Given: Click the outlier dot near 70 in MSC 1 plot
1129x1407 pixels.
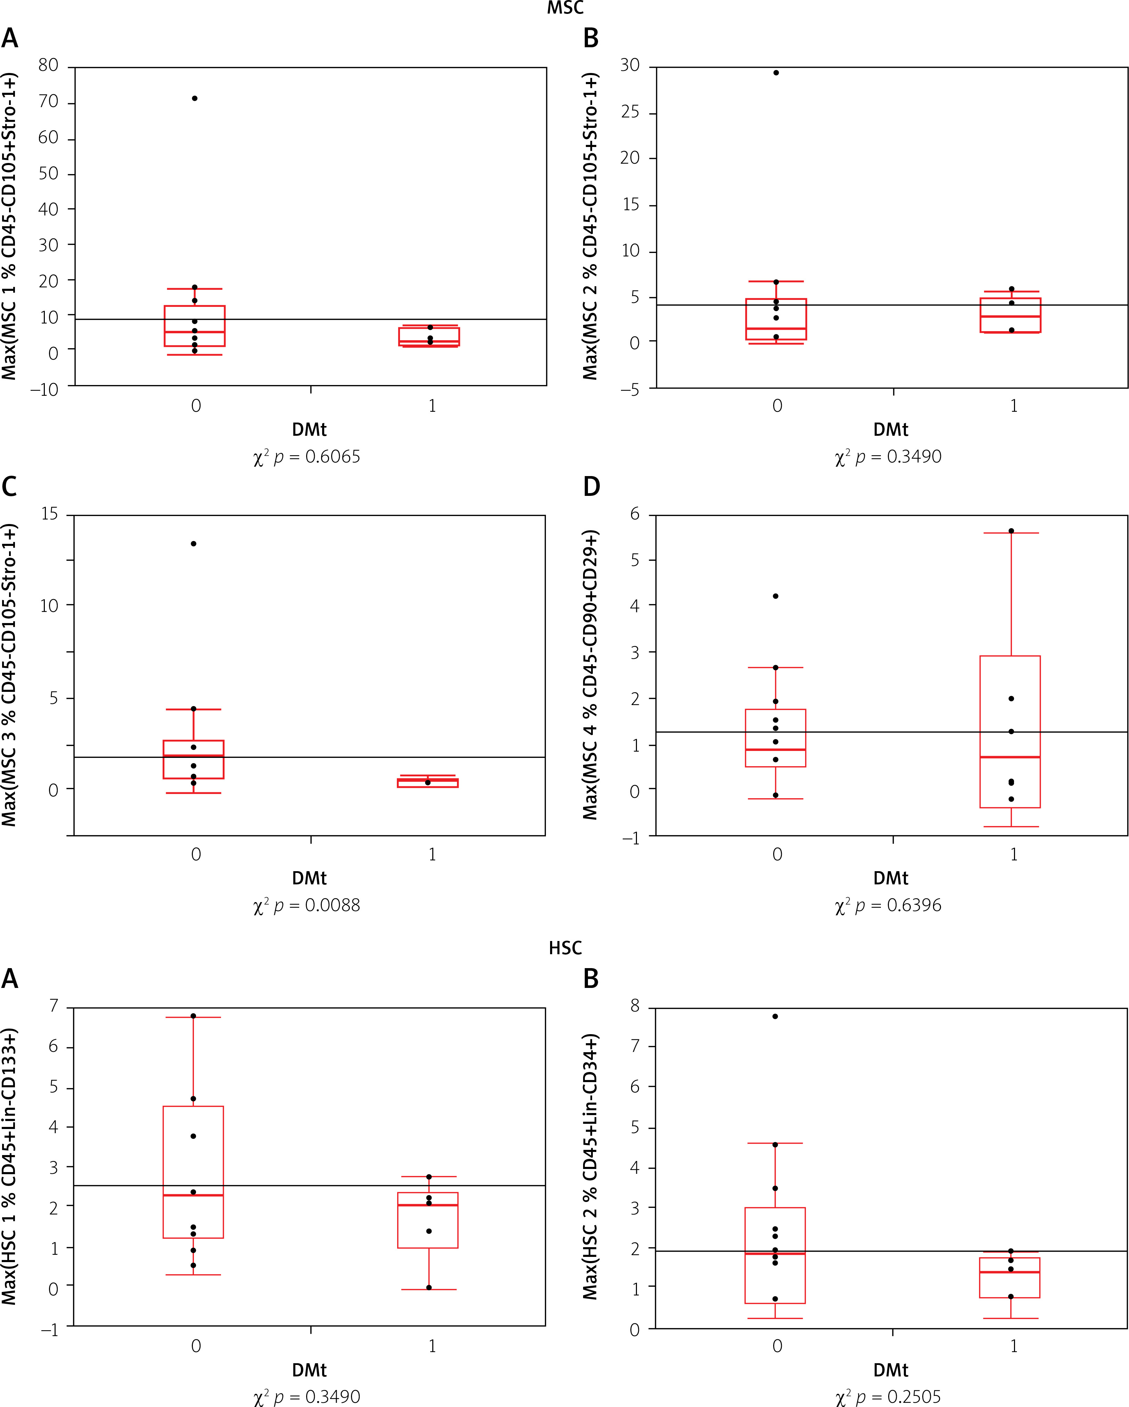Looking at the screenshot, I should pos(195,99).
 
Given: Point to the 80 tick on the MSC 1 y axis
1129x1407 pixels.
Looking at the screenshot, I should pos(48,65).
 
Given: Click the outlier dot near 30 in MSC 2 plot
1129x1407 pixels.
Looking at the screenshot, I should pos(776,72).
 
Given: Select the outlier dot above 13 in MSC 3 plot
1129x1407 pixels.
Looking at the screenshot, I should pos(194,543).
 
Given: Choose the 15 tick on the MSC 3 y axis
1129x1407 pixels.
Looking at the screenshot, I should pos(50,514).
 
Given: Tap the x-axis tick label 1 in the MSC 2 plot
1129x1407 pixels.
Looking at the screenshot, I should pos(1014,406).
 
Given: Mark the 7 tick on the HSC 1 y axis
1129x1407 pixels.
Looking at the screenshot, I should pos(54,1006).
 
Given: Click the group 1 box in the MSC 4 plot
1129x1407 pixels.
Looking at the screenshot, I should pos(1010,731).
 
